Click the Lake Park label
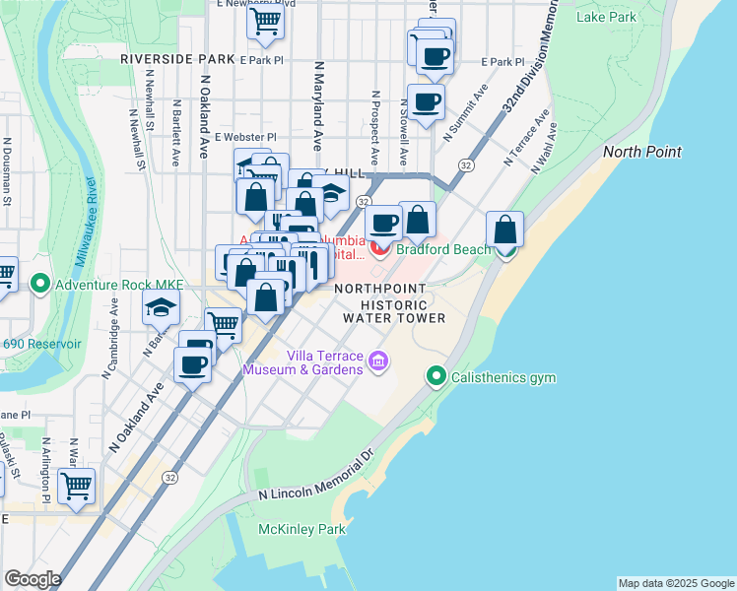(x=606, y=17)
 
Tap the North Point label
(x=641, y=151)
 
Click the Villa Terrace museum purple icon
(x=377, y=363)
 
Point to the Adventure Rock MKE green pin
(x=40, y=286)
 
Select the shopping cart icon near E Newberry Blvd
(x=265, y=20)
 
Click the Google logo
(x=33, y=579)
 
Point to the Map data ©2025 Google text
(x=676, y=583)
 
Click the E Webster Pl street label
(x=245, y=137)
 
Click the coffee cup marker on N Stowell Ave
(x=426, y=102)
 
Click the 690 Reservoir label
(x=41, y=345)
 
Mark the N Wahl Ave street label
(x=546, y=148)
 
